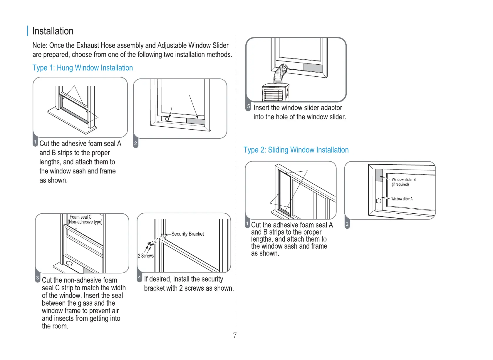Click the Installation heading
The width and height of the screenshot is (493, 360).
(x=53, y=31)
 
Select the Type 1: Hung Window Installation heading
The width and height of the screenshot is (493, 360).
(x=83, y=68)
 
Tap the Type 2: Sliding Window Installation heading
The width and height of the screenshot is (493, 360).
(x=296, y=150)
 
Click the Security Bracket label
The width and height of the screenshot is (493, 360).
(x=187, y=234)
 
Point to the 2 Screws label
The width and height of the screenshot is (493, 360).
(x=146, y=256)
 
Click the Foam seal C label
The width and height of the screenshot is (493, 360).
(x=81, y=217)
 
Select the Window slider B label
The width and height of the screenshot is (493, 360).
(x=403, y=180)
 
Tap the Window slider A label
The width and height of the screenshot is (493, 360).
(x=402, y=199)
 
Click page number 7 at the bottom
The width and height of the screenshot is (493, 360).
(x=235, y=335)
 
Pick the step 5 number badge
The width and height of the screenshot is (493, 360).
(x=248, y=106)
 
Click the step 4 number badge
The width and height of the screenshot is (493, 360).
(x=140, y=277)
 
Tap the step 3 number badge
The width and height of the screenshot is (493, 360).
(x=38, y=278)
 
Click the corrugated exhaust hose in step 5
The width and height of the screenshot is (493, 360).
(x=280, y=74)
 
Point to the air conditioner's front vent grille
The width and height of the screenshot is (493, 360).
(x=273, y=95)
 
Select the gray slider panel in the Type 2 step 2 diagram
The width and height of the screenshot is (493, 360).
(x=379, y=175)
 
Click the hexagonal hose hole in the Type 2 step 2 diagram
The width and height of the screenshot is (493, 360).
(x=379, y=201)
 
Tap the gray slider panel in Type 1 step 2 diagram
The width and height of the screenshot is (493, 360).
(x=196, y=121)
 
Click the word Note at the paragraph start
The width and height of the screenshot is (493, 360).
(x=39, y=46)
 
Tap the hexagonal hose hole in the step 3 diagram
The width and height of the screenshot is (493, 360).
(x=69, y=263)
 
